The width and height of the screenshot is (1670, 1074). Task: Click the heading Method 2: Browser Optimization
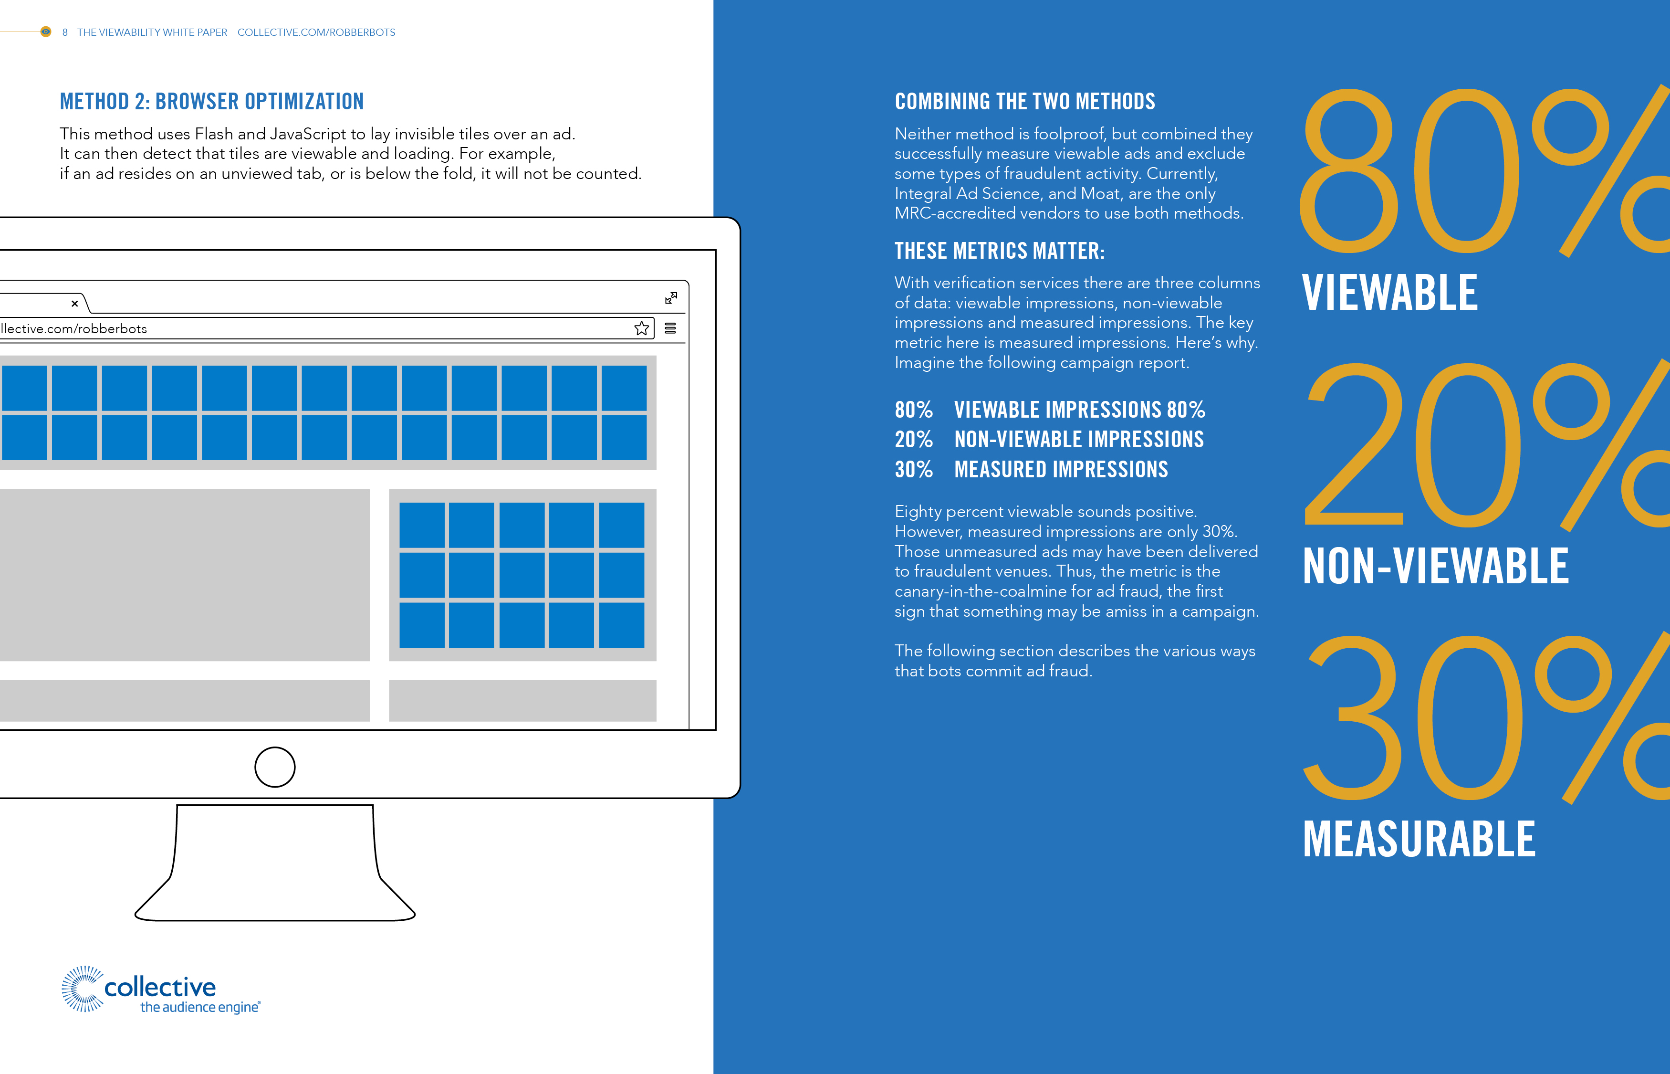click(212, 102)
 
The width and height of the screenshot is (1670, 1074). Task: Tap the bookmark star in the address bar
click(642, 328)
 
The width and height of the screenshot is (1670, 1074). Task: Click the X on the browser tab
click(74, 304)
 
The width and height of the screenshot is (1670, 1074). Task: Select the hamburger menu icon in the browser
click(670, 328)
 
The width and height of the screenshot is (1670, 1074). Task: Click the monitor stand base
click(275, 906)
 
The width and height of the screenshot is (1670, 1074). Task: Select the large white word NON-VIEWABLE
click(1436, 566)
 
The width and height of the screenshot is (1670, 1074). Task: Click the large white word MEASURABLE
click(1419, 839)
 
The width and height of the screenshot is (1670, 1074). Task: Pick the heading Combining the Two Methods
click(1024, 102)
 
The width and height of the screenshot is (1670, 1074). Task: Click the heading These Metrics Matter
click(1000, 251)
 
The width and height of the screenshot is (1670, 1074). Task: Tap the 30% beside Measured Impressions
click(914, 469)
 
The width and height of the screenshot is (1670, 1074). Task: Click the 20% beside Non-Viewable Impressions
click(914, 439)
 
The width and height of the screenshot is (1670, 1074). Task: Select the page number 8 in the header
click(65, 32)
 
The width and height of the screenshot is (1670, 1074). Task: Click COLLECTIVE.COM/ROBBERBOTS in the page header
click(316, 32)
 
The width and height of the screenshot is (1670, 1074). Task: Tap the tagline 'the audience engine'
click(200, 1007)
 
